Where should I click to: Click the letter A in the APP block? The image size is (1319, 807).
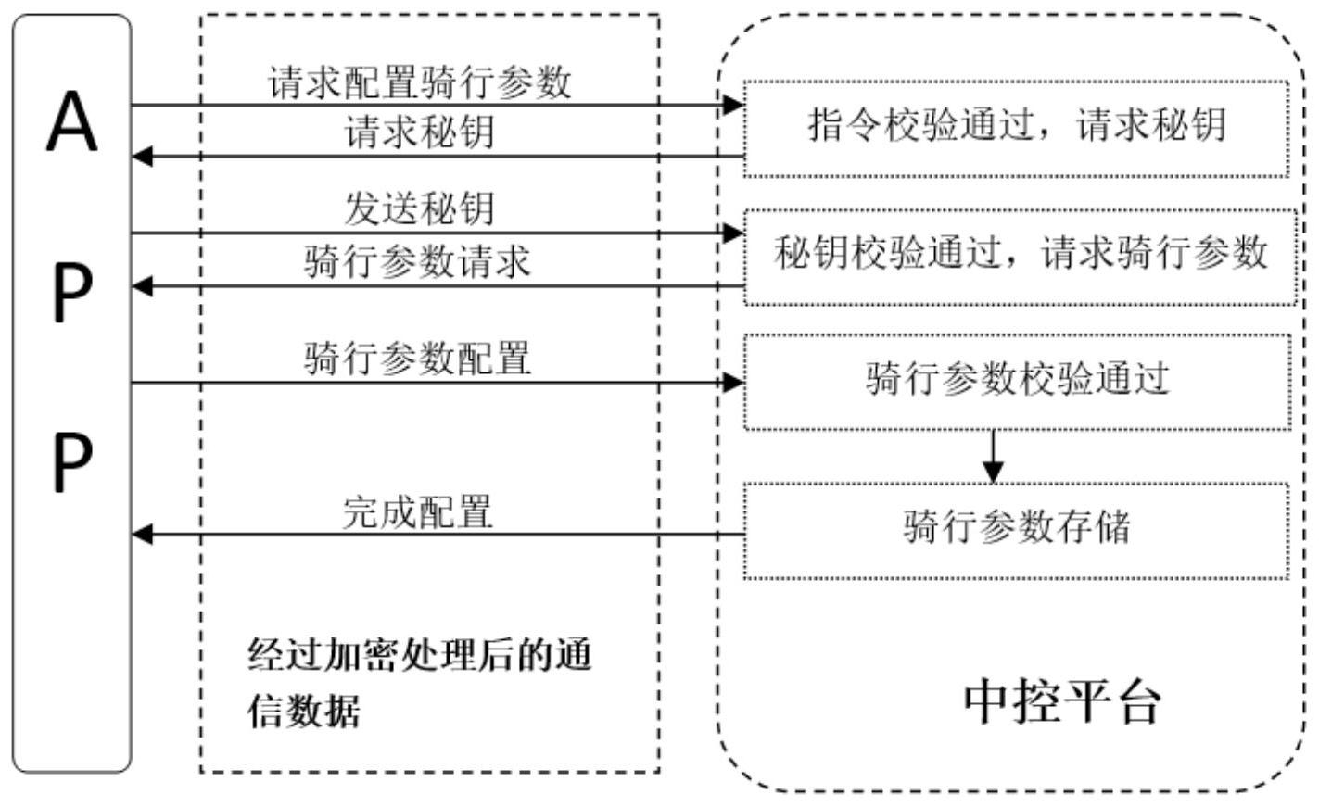click(x=71, y=124)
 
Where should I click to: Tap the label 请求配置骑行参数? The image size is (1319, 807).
click(x=419, y=83)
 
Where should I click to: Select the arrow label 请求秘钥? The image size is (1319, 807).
click(x=419, y=132)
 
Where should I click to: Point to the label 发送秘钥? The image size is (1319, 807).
click(x=419, y=208)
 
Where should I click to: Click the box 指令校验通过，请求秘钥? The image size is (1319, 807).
click(x=1016, y=127)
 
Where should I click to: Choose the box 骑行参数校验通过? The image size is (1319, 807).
click(x=1017, y=380)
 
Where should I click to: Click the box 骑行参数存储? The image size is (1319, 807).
click(x=1016, y=528)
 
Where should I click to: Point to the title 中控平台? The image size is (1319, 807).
click(x=1061, y=701)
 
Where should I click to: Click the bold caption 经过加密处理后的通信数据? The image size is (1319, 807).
click(x=419, y=683)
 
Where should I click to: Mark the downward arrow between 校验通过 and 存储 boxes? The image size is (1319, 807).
click(x=993, y=456)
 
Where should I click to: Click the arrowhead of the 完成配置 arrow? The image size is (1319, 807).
click(x=141, y=534)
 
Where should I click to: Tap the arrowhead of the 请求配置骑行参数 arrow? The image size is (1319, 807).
click(x=734, y=105)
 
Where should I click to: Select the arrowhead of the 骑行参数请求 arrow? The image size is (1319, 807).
click(x=141, y=286)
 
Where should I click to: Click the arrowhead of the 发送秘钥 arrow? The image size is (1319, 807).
click(x=734, y=233)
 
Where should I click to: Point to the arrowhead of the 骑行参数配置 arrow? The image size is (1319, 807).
click(x=734, y=382)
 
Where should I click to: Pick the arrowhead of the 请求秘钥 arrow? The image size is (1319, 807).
click(x=141, y=156)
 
